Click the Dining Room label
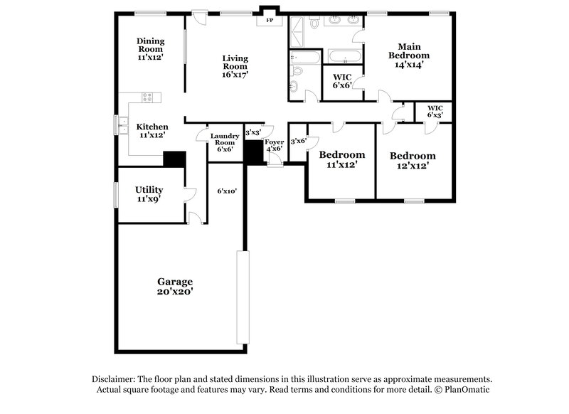150,48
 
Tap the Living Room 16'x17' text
235,66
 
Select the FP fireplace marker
270,21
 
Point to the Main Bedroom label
408,55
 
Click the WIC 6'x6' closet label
343,80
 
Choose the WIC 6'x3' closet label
435,112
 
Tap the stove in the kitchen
147,97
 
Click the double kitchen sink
119,125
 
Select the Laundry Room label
224,142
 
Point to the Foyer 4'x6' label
275,146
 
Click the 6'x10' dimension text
226,191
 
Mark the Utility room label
149,194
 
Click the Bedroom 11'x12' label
341,159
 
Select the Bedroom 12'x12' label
413,161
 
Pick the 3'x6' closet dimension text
298,141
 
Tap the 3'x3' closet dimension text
253,132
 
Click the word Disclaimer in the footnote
115,378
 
